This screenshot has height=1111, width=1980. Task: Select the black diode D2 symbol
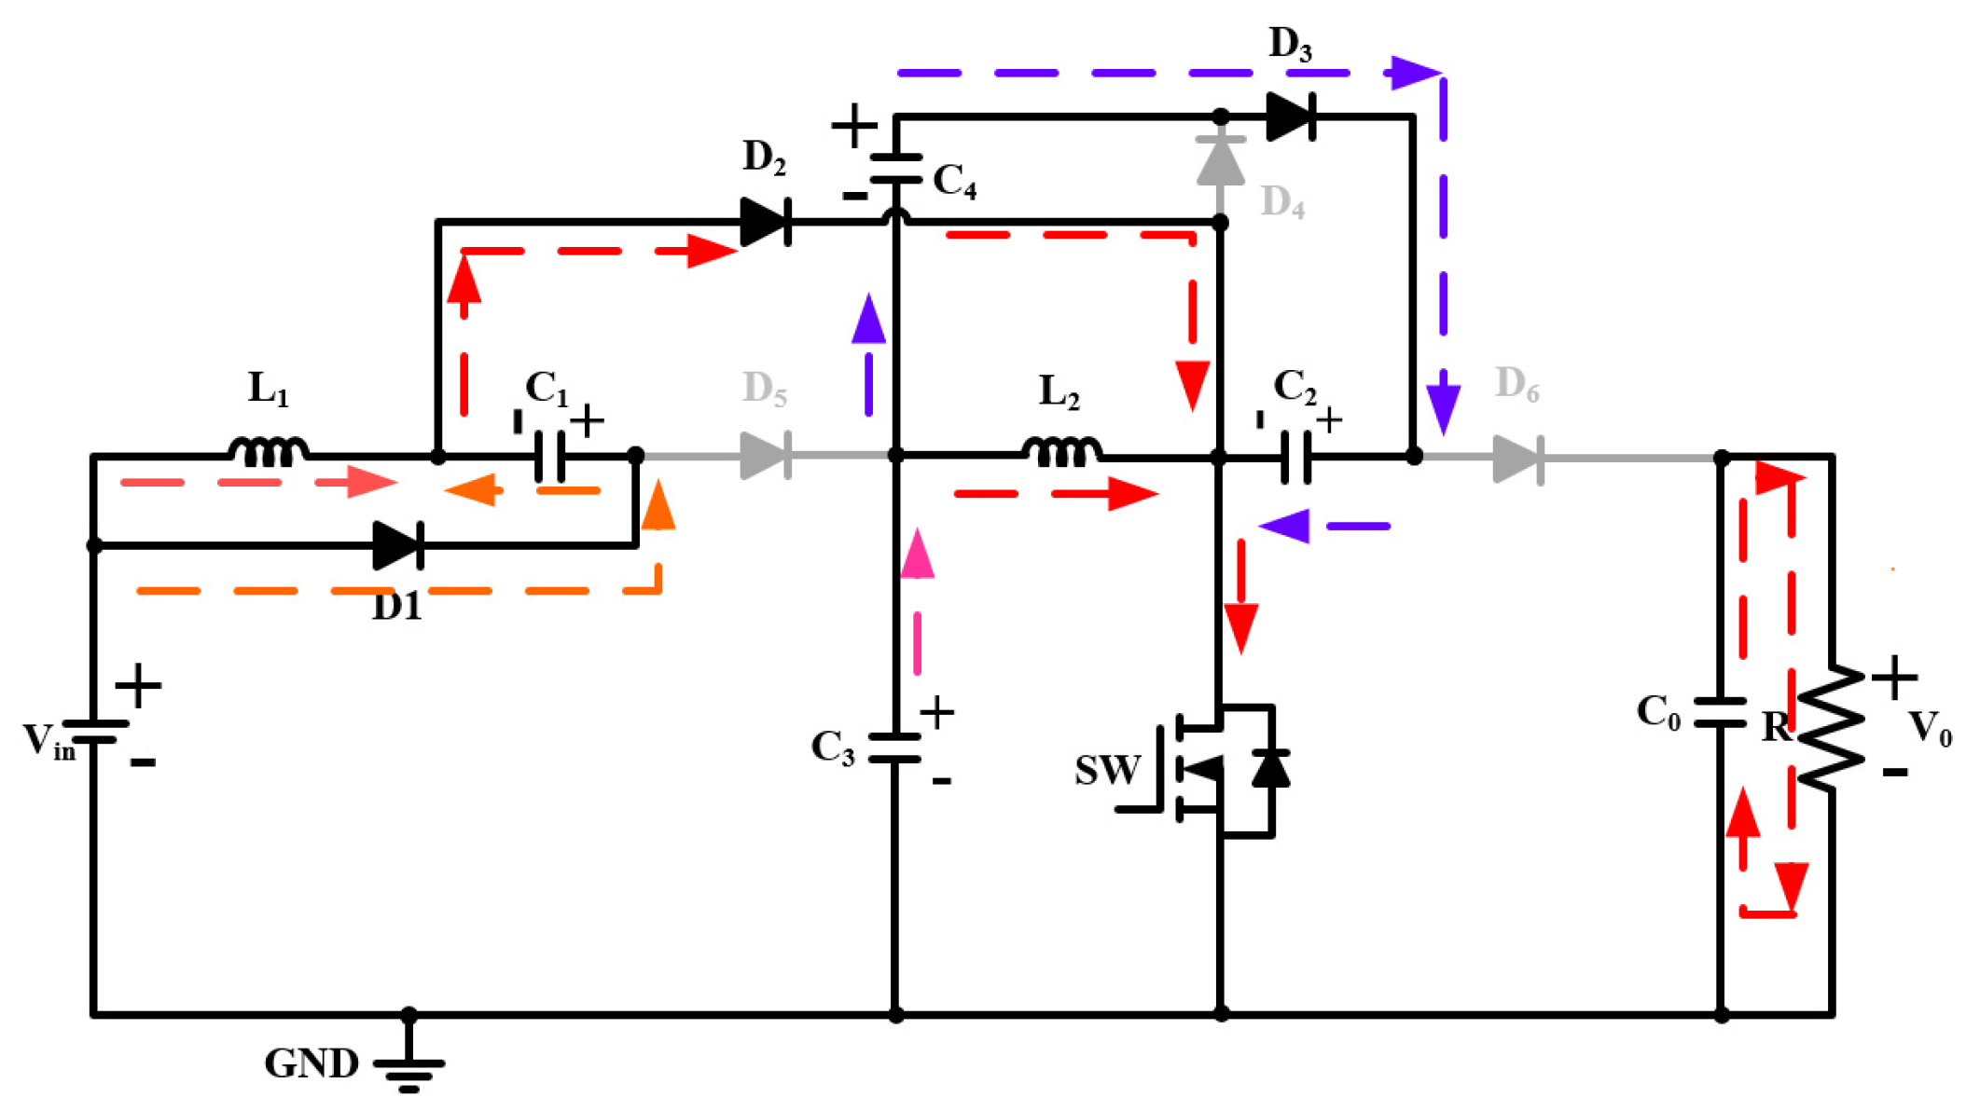pyautogui.click(x=766, y=222)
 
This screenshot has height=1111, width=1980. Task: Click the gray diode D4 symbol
pyautogui.click(x=1220, y=161)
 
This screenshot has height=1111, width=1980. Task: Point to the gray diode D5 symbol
pyautogui.click(x=766, y=456)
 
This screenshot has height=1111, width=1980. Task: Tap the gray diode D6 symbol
pyautogui.click(x=1518, y=459)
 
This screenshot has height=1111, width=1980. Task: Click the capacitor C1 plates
pyautogui.click(x=550, y=456)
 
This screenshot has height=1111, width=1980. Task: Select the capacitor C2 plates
pyautogui.click(x=1295, y=457)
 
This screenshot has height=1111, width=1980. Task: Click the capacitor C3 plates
pyautogui.click(x=894, y=748)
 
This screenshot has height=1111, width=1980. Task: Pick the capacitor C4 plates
pyautogui.click(x=895, y=169)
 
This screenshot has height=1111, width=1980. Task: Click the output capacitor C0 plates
pyautogui.click(x=1721, y=712)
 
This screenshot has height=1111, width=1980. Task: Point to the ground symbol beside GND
pyautogui.click(x=408, y=1073)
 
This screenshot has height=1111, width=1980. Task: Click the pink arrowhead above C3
pyautogui.click(x=918, y=555)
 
